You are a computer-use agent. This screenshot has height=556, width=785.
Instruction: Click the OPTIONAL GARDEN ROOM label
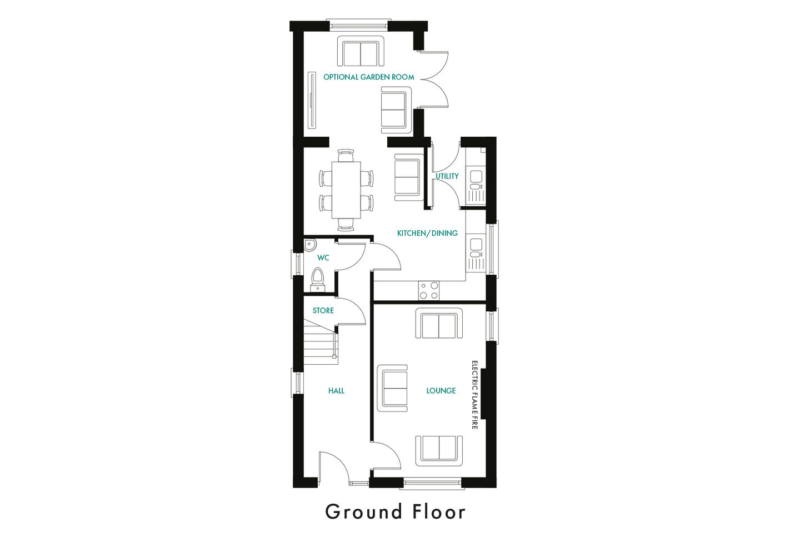coord(368,77)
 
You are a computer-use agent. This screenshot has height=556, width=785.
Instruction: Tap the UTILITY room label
coord(447,176)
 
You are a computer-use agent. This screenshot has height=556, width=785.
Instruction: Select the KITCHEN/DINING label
coord(427,233)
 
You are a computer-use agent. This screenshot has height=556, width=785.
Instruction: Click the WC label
coord(323,257)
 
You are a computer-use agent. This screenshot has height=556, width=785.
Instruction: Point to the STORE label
coord(323,310)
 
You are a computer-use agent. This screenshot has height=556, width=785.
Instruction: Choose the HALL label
coord(336,391)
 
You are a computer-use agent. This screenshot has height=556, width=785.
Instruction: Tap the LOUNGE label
coord(441,391)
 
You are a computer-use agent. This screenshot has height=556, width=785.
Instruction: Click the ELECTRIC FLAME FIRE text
coord(474,395)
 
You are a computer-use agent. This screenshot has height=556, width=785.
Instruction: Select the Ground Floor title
coord(395,512)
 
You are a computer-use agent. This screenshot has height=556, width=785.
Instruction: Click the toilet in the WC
coord(317,278)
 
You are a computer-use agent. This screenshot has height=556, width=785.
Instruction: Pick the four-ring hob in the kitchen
coord(428,290)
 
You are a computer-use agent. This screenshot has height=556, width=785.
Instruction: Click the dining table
coord(346,190)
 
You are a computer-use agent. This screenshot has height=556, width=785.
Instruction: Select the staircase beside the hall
coord(321,345)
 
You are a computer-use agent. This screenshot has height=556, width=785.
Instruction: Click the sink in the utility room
coord(476,177)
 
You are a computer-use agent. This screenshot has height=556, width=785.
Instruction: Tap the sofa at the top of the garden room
coord(361,52)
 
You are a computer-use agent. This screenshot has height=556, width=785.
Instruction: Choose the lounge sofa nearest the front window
coord(439,450)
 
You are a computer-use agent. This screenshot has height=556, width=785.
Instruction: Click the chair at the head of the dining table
coord(346,155)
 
